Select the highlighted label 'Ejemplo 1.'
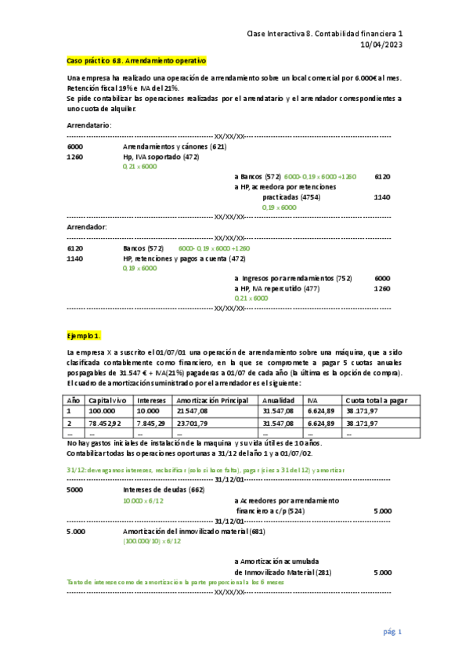pyautogui.click(x=84, y=335)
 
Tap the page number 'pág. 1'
pyautogui.click(x=392, y=631)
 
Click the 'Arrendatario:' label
pyautogui.click(x=89, y=125)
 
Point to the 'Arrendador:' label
pyautogui.click(x=86, y=227)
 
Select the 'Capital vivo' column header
pyautogui.click(x=108, y=399)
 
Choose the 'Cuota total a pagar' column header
pyautogui.click(x=377, y=399)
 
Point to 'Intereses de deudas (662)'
pyautogui.click(x=164, y=489)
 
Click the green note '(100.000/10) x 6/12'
pyautogui.click(x=152, y=540)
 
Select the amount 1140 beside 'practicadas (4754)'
pyautogui.click(x=382, y=197)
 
